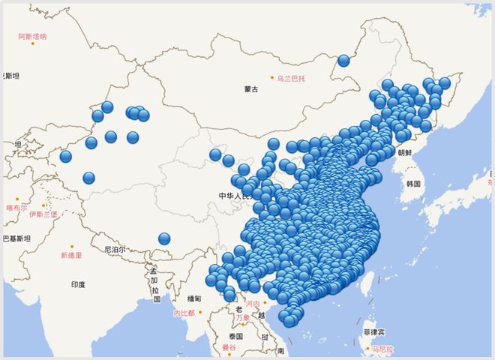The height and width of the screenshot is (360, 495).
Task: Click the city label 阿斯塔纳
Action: (x=32, y=36)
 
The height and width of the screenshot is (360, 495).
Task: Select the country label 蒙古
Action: (x=250, y=90)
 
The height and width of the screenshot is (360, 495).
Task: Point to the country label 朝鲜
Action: (x=405, y=152)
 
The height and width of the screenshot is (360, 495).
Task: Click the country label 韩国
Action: (x=413, y=184)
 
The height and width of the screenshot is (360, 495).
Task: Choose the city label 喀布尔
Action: (x=16, y=208)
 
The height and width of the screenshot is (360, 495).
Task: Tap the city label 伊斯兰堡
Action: (x=42, y=214)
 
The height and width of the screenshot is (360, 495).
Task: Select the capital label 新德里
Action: (x=72, y=255)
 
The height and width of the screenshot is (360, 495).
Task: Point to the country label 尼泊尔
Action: (x=115, y=249)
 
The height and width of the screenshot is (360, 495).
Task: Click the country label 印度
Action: (x=78, y=285)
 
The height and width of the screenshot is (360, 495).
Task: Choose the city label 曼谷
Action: (x=229, y=349)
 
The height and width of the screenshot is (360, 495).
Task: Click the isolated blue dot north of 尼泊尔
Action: (x=164, y=239)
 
